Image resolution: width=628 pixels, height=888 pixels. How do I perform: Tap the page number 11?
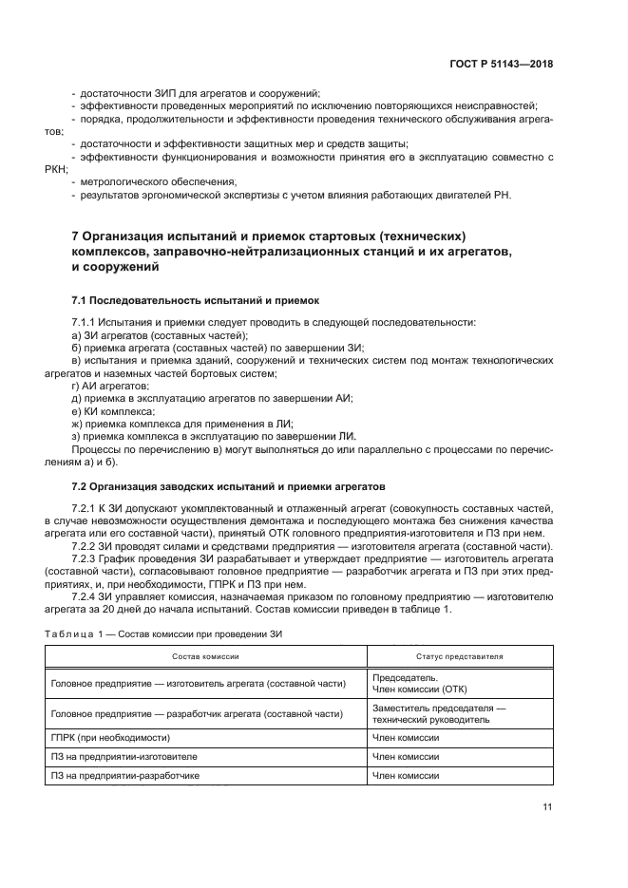548,808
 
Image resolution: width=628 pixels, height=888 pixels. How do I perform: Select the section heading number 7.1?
83,299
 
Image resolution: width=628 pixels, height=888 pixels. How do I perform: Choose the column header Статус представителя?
459,656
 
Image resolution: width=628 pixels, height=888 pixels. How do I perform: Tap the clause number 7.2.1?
86,509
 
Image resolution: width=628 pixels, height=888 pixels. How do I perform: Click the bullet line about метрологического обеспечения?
157,181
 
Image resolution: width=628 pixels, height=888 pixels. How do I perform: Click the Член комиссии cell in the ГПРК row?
406,736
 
